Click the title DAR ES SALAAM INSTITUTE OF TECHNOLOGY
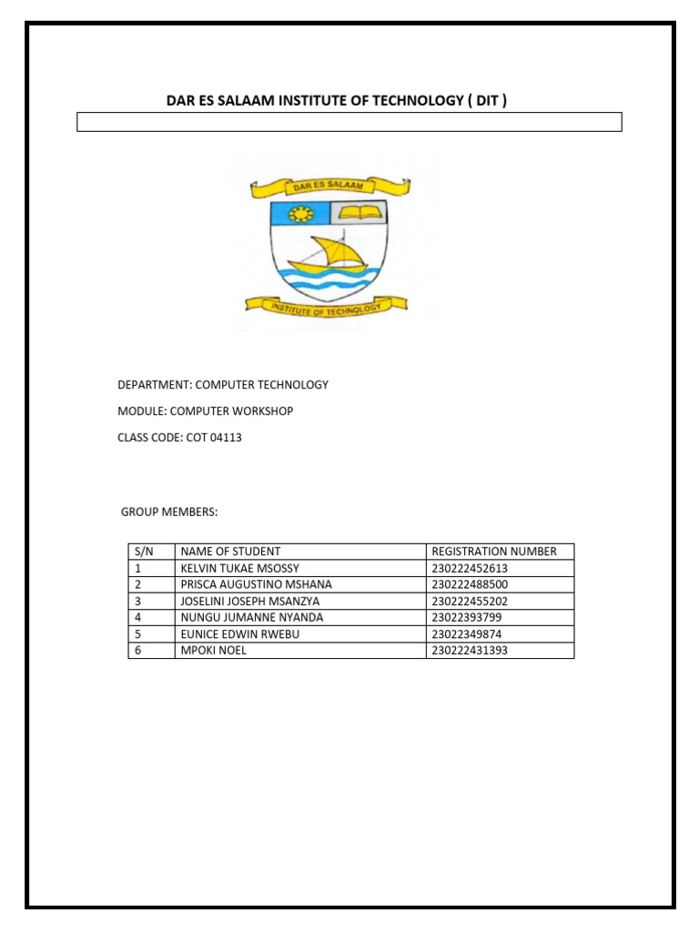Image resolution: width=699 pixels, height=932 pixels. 336,100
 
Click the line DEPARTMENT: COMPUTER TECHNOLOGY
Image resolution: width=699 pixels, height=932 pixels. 223,385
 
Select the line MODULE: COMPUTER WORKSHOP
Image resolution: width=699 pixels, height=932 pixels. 206,411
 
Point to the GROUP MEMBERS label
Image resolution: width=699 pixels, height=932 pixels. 169,512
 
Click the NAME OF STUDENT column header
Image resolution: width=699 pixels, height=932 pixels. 231,552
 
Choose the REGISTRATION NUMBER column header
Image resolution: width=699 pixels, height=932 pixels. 494,552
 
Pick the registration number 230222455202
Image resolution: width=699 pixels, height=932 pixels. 470,601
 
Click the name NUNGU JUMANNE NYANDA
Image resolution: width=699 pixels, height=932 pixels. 252,617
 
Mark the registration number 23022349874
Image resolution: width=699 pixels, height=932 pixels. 466,633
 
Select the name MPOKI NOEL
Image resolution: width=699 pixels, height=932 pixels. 214,650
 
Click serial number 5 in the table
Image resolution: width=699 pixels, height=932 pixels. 137,633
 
